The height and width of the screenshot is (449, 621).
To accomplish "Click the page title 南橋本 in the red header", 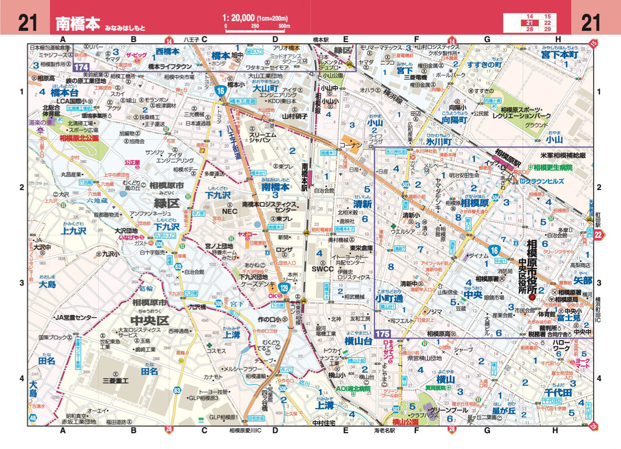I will [x=78, y=23].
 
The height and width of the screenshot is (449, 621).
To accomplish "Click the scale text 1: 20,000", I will [x=238, y=18].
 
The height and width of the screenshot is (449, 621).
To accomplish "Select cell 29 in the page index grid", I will [x=547, y=29].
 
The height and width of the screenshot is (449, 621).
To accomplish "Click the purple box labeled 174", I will [x=81, y=67].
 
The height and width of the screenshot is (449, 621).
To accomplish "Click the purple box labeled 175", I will [x=383, y=334].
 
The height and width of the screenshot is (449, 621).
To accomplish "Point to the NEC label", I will [x=230, y=211].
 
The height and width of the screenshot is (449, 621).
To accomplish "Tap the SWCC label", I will [x=323, y=269].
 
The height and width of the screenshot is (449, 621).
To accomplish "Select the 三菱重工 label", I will [x=115, y=381].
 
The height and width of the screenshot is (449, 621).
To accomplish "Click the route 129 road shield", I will [x=284, y=288].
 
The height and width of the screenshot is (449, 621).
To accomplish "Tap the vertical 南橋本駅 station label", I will [x=305, y=177].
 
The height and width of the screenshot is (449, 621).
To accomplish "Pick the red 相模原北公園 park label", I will [x=79, y=138].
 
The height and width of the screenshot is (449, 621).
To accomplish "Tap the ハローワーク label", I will [x=562, y=345].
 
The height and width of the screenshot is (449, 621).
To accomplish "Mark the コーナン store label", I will [x=350, y=145].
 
